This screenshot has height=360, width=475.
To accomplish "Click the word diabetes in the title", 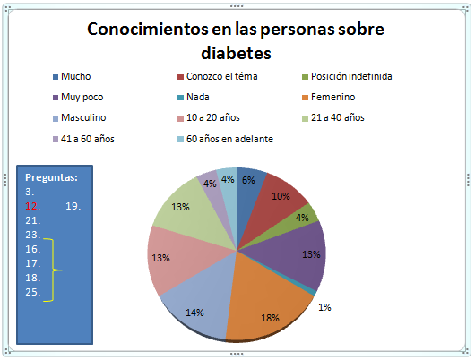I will [236, 53].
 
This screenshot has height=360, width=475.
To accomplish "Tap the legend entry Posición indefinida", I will [349, 76].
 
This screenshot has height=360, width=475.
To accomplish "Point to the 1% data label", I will [324, 307].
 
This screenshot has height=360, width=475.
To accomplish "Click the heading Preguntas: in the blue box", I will [51, 177].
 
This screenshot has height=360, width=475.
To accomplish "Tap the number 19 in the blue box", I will [73, 205].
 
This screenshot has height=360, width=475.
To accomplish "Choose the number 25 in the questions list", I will [32, 292].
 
